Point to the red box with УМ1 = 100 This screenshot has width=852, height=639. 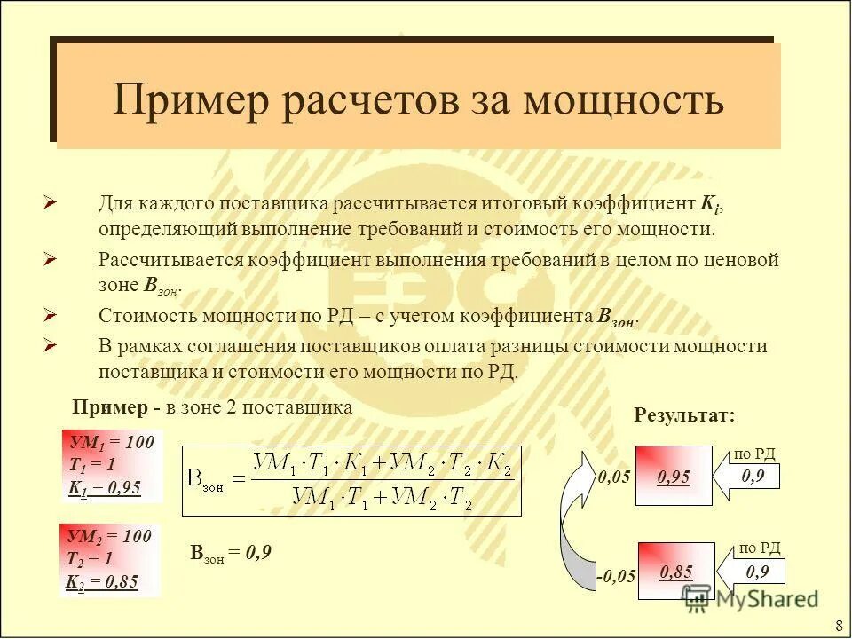(x=112, y=464)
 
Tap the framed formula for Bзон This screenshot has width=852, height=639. (x=351, y=480)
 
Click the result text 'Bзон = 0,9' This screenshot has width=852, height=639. (x=231, y=553)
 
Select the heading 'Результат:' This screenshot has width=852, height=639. (x=684, y=414)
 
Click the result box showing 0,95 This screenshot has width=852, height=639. (x=674, y=477)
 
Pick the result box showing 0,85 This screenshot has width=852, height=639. (x=674, y=572)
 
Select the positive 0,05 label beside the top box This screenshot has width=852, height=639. (x=614, y=477)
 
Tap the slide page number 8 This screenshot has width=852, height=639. (x=839, y=623)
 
